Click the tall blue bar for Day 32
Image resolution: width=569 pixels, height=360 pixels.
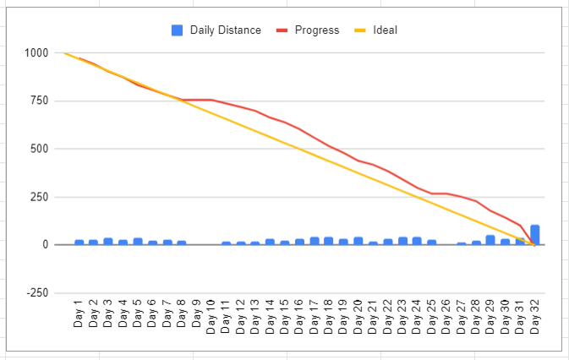tap(534, 235)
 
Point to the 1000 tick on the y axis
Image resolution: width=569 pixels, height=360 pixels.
tap(37, 53)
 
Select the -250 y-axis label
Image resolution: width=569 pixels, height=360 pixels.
tap(37, 293)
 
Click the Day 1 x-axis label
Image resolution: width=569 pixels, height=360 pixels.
tap(79, 314)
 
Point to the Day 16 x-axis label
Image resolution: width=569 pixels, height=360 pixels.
tap(298, 314)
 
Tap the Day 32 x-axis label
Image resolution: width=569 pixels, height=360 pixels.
tap(534, 314)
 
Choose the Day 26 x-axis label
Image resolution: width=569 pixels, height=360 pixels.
tap(446, 314)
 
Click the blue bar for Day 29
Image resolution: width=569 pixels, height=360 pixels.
tap(490, 240)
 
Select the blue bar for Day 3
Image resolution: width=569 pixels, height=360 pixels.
tap(108, 242)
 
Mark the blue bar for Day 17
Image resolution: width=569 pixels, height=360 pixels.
tap(315, 241)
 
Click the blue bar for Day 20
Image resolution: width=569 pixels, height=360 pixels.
tap(358, 241)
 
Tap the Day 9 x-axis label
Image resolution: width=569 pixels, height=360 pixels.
tap(196, 314)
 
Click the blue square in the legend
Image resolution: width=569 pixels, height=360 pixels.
tap(178, 30)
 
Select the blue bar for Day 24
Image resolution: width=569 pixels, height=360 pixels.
tap(417, 241)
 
